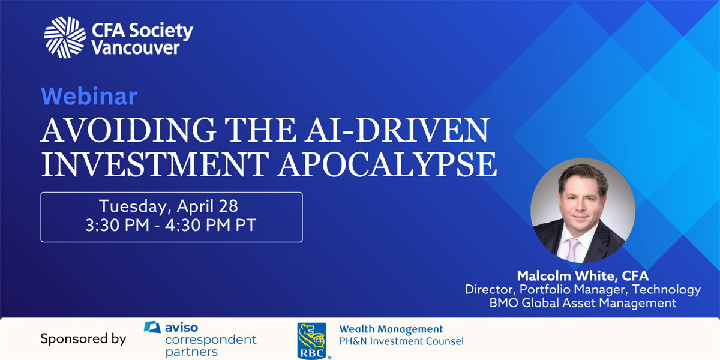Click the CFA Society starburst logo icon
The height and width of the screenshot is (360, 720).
(x=65, y=37)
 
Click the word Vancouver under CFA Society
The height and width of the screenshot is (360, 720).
(x=136, y=48)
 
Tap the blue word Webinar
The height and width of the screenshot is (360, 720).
(x=89, y=96)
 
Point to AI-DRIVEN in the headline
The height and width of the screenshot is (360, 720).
(x=397, y=130)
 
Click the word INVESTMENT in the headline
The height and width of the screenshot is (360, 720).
(x=155, y=164)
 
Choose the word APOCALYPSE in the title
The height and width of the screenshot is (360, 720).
(x=387, y=164)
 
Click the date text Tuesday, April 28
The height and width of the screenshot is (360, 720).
(x=169, y=206)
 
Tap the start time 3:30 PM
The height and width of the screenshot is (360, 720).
(x=118, y=225)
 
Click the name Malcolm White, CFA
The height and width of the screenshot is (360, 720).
(x=583, y=276)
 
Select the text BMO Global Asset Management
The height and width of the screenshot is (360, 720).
(x=583, y=303)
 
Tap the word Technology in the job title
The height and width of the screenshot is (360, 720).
(x=667, y=290)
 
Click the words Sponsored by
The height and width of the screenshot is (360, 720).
(x=83, y=339)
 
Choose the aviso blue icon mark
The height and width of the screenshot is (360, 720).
(x=152, y=327)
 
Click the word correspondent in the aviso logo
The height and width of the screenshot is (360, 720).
(x=211, y=340)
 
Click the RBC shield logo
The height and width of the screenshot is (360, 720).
(x=312, y=341)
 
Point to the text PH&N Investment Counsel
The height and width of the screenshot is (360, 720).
(x=401, y=341)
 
